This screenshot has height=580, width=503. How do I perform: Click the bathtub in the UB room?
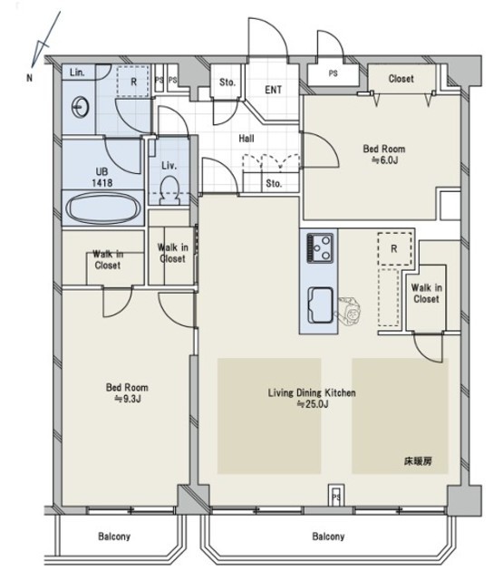103,208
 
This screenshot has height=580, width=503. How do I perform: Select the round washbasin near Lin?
80,107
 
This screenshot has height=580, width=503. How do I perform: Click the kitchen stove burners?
320,247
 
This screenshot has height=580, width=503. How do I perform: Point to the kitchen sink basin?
320,304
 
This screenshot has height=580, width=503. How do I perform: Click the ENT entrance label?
274,90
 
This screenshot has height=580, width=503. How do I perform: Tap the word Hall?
247,139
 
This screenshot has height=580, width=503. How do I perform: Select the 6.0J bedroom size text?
385,160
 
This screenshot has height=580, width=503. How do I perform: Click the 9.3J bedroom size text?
128,399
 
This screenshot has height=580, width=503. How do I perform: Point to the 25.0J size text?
313,404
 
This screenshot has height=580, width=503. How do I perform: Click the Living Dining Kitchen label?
312,392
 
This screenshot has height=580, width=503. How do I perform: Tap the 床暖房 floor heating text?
418,461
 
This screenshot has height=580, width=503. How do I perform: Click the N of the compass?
29,78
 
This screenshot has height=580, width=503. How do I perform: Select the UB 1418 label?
102,177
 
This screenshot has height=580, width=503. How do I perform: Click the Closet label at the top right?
401,79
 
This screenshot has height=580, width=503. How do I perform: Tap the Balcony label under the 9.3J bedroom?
114,536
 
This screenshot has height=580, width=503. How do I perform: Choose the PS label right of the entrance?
333,73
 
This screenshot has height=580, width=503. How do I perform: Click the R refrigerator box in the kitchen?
394,248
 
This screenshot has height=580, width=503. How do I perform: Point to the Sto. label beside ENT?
227,82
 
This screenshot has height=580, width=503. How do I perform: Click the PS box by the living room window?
336,496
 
